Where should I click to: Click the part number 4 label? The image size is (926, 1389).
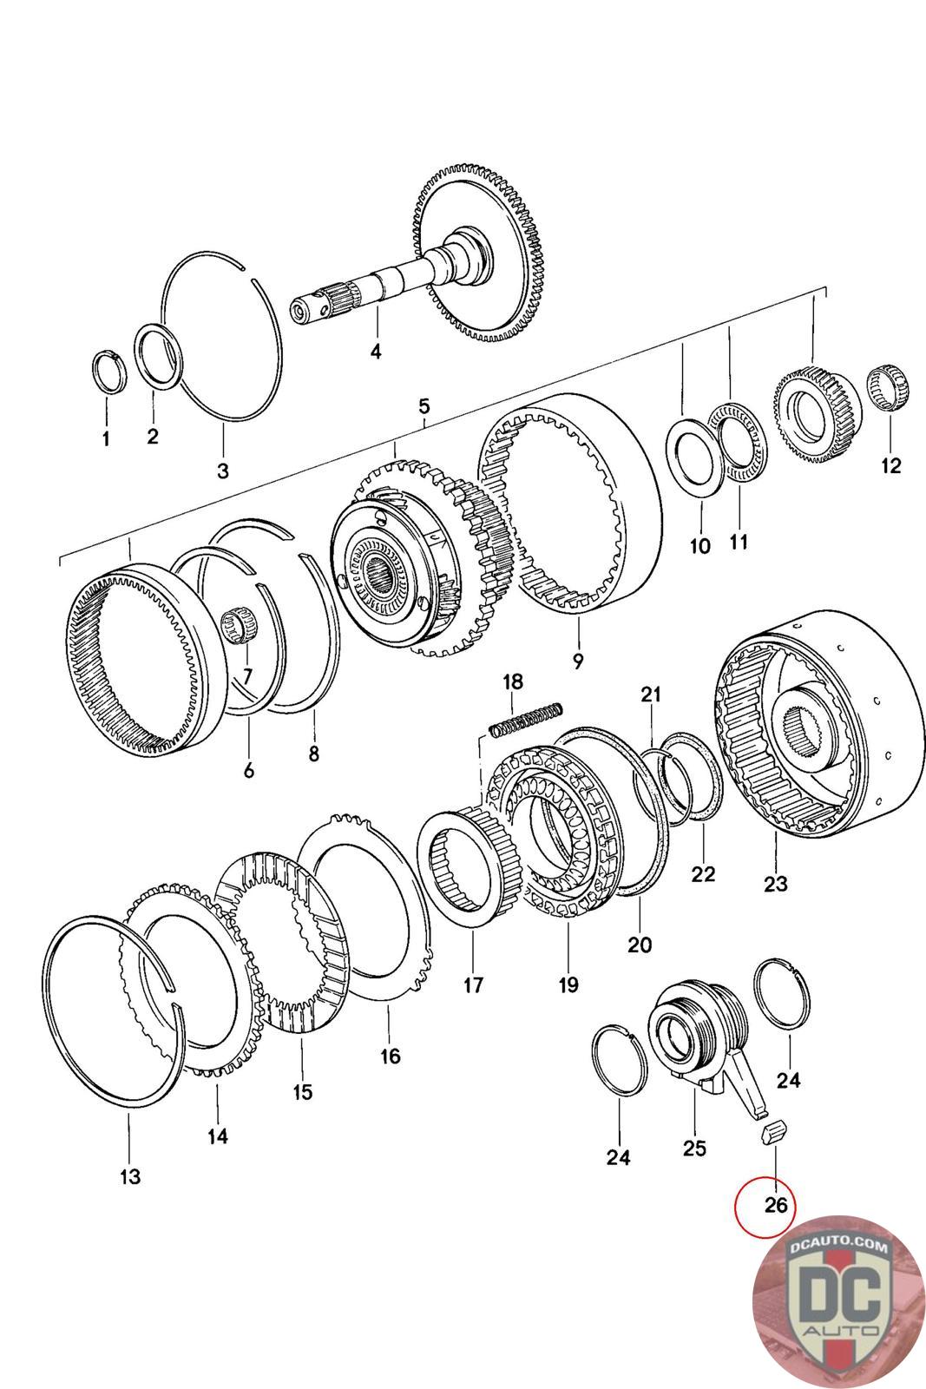(x=376, y=352)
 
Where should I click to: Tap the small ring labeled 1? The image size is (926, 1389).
(x=109, y=372)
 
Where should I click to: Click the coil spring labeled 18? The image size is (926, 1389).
(x=526, y=719)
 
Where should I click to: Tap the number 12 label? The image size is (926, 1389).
(x=890, y=465)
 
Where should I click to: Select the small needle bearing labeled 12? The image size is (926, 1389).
(x=890, y=388)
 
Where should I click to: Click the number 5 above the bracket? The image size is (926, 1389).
(x=424, y=407)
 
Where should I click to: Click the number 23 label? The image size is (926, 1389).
(x=775, y=883)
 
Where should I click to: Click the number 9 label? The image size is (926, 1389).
(x=578, y=661)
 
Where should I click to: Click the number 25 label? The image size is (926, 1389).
(x=694, y=1147)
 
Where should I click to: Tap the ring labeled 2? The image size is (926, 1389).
(x=160, y=358)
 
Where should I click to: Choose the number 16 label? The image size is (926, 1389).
(x=390, y=1056)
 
